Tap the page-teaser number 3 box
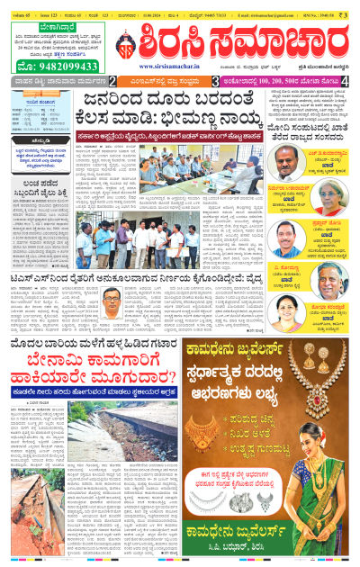click(x=214, y=82)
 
